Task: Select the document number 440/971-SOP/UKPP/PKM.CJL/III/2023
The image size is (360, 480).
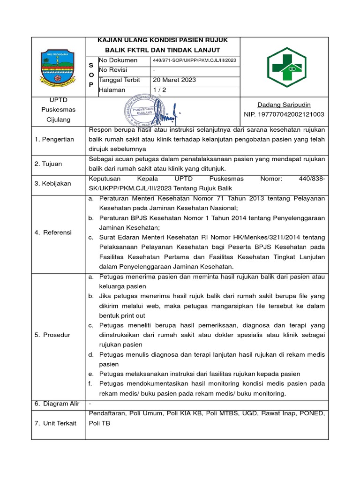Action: [195, 60]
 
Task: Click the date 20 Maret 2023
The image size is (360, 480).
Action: [174, 80]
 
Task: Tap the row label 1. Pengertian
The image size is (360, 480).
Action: [54, 140]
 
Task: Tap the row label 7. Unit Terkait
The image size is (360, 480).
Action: [55, 423]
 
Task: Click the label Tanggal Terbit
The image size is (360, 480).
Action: [120, 80]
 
